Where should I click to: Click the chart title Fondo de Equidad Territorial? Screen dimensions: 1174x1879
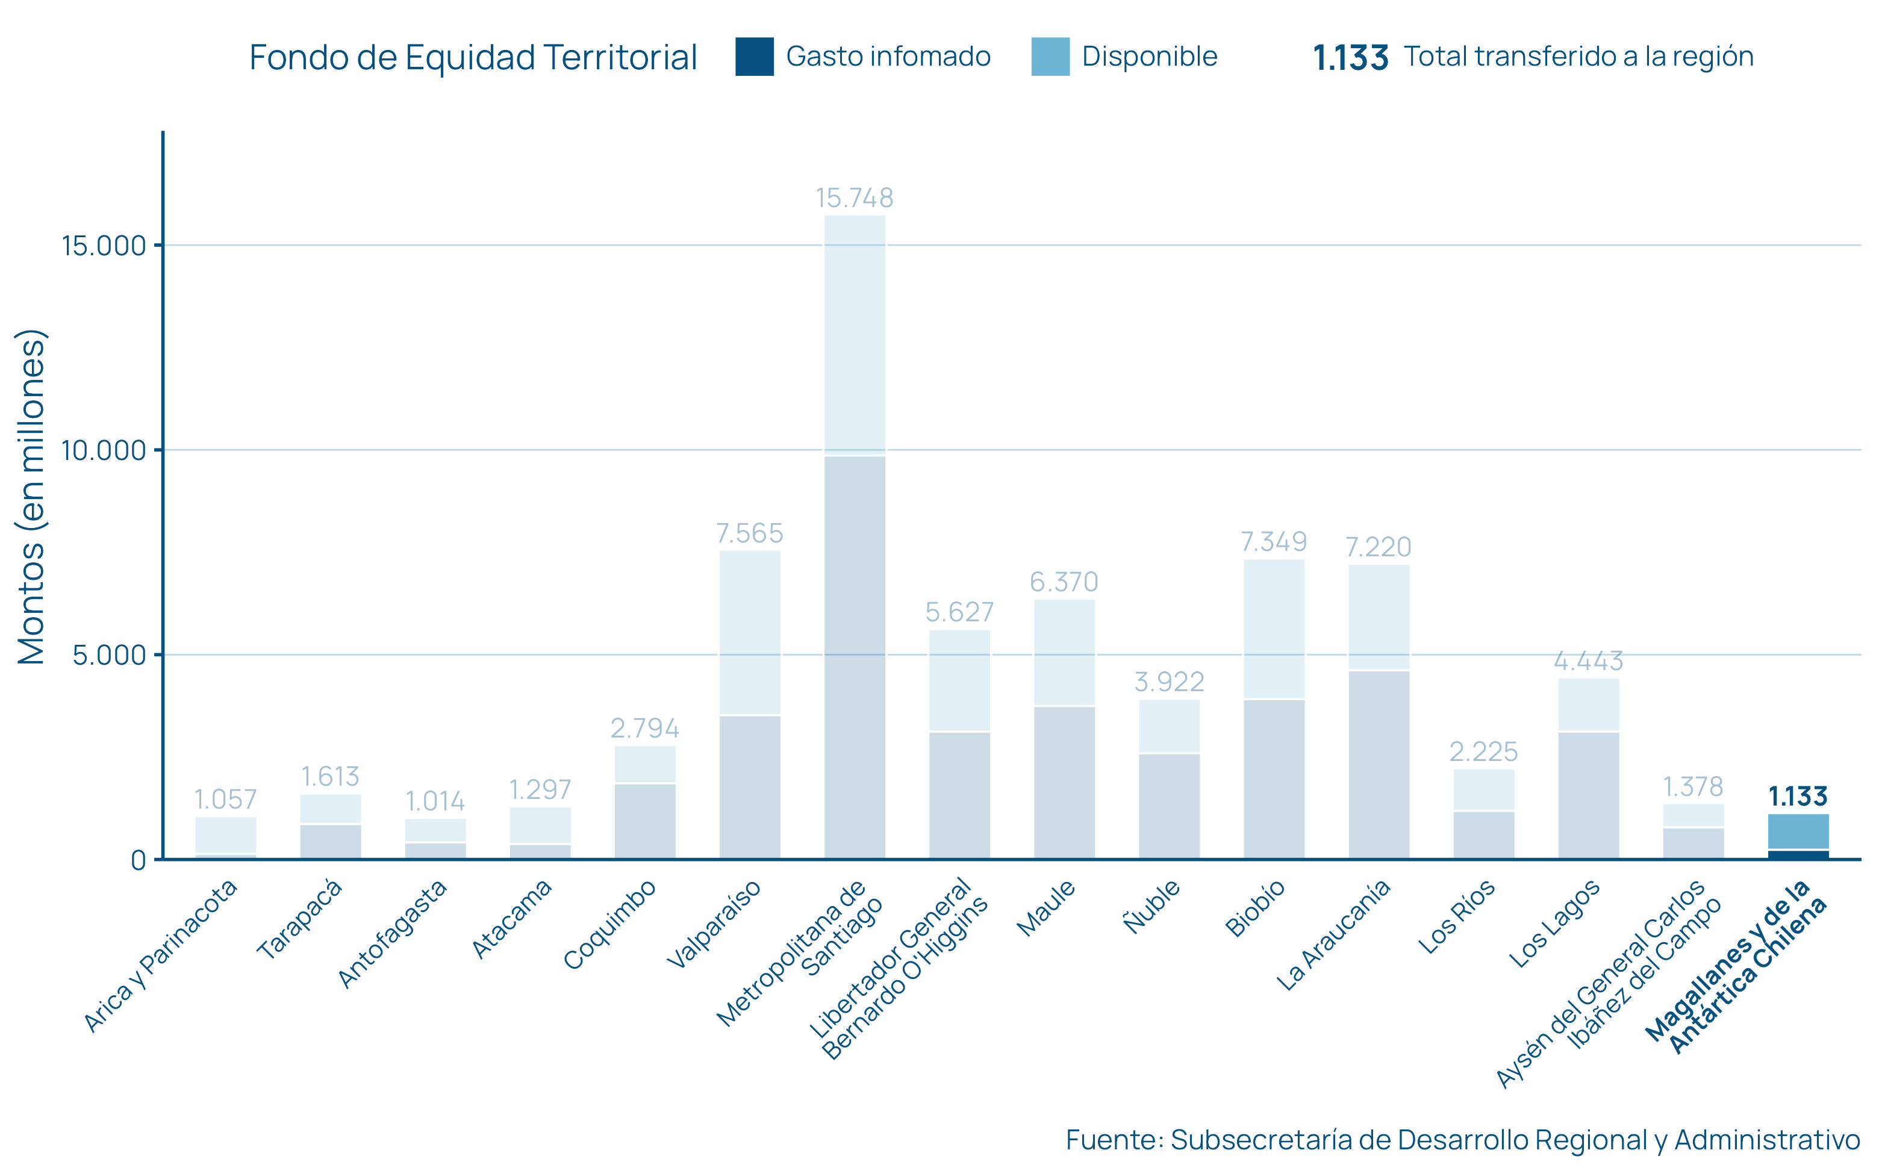[x=473, y=57]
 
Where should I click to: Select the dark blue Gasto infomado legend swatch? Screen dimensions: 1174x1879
[x=754, y=57]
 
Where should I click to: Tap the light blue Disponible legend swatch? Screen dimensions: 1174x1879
[x=1050, y=57]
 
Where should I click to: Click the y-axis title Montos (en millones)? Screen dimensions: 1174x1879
[x=32, y=497]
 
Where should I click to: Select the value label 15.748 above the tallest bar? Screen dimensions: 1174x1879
[x=854, y=198]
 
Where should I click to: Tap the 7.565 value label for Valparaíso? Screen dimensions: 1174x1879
[x=749, y=533]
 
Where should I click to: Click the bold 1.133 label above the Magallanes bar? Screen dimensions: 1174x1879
[x=1798, y=797]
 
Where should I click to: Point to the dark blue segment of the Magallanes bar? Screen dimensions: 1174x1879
[x=1798, y=854]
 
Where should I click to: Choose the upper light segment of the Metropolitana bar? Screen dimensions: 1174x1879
[x=854, y=334]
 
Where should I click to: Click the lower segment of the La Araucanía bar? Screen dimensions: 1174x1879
[x=1378, y=765]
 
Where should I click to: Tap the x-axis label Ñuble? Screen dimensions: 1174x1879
[x=1152, y=906]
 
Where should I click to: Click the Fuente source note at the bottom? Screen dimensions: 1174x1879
[x=1462, y=1140]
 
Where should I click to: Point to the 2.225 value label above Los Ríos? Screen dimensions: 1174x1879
[x=1483, y=751]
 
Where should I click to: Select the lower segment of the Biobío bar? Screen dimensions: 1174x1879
[x=1273, y=779]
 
